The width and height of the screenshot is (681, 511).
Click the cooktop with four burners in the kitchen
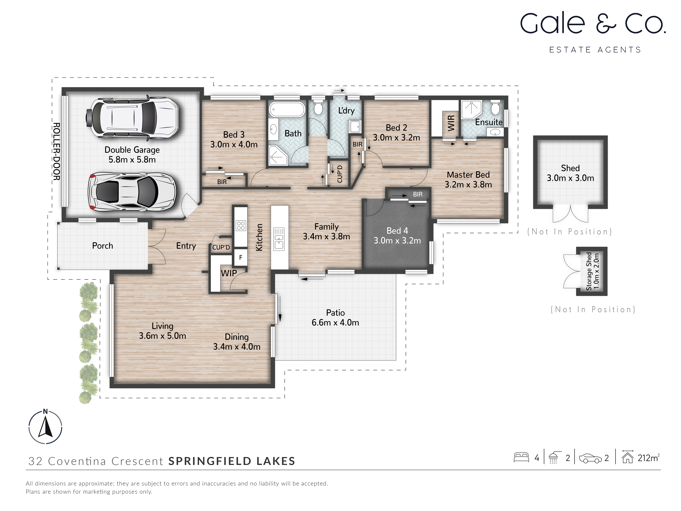point(241,226)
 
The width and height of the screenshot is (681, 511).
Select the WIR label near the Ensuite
point(451,123)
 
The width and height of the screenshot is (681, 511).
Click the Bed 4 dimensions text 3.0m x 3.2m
point(397,241)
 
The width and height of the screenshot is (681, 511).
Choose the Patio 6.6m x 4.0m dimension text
point(335,323)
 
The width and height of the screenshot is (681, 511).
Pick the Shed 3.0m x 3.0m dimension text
point(570,178)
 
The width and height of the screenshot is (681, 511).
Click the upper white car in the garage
point(132,118)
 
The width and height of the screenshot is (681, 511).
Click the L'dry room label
point(346,111)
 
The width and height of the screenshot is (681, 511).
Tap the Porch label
point(103,246)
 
